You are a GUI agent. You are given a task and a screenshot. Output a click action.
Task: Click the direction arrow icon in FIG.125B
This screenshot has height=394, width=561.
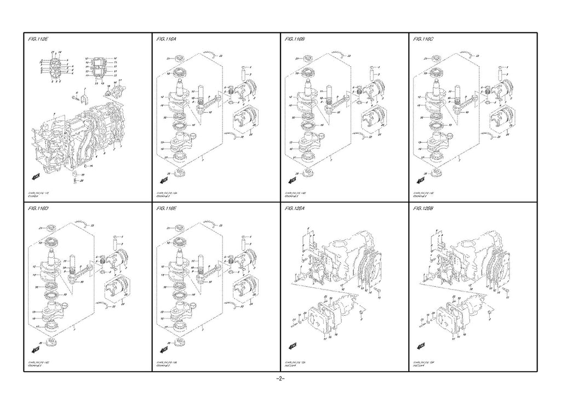[421, 345]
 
